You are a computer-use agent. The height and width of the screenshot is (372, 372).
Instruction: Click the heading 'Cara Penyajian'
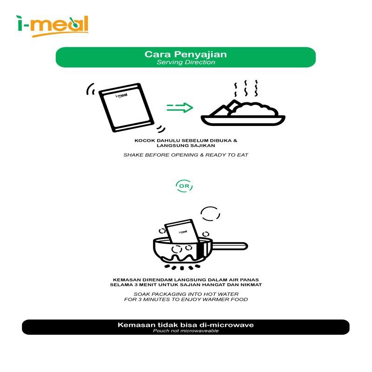tap(186, 54)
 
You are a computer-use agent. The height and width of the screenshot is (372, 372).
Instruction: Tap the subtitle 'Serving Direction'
tap(186, 62)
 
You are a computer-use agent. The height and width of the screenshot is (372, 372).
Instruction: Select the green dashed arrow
tap(179, 108)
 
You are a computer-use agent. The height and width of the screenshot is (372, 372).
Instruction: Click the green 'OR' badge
tap(184, 186)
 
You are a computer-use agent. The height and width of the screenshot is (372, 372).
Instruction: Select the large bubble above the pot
tap(210, 213)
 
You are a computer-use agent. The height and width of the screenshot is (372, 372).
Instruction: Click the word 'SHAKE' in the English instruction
tap(134, 155)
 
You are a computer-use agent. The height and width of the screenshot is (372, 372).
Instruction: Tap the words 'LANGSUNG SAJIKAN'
tap(186, 146)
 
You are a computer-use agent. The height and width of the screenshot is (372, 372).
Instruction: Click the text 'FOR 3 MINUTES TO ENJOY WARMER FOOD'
tap(186, 299)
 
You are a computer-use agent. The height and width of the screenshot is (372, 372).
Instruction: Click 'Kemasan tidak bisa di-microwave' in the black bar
tap(186, 325)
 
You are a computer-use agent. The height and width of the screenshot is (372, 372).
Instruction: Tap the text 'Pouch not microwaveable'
tap(186, 331)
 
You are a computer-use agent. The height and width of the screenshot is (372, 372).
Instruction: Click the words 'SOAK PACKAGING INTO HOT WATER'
tap(186, 294)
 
